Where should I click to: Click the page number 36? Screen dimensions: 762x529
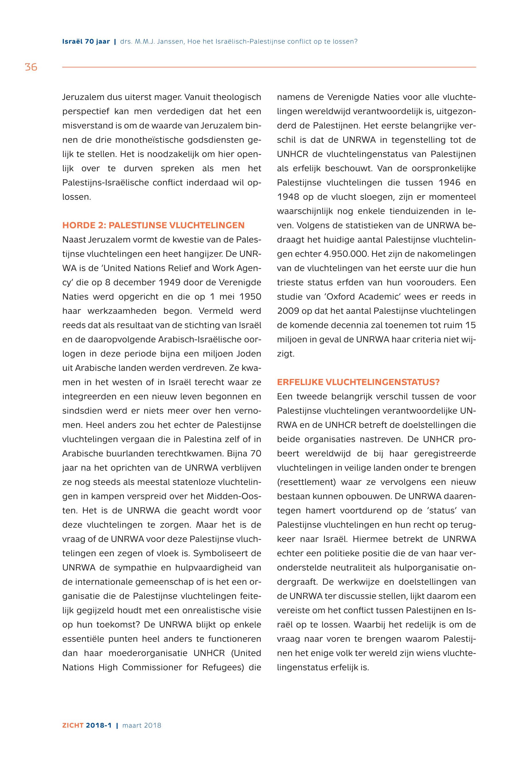(31, 67)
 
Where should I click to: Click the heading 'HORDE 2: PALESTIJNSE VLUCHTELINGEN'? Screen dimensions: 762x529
(153, 225)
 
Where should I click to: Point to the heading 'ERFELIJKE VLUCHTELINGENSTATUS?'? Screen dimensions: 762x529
(358, 382)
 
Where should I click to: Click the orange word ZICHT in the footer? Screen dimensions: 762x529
(73, 726)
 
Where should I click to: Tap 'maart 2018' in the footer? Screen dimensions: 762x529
(142, 726)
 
